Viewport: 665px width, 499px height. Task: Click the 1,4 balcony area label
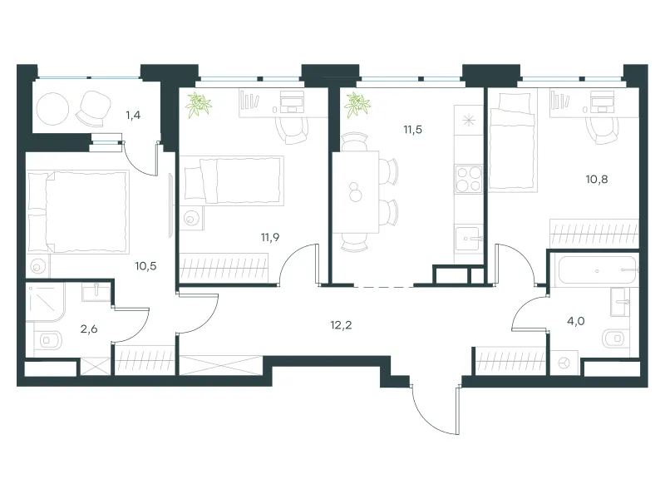[133, 116]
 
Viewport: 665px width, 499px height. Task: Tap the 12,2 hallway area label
[341, 325]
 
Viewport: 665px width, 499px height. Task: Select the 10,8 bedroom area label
[597, 180]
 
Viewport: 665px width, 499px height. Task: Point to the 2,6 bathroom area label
[89, 329]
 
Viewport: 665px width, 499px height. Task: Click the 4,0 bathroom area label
[576, 321]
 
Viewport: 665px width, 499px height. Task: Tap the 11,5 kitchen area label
[412, 130]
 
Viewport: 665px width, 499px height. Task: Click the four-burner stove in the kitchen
[469, 179]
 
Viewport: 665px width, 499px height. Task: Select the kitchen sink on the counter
[469, 239]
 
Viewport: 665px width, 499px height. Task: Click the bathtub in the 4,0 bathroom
[597, 270]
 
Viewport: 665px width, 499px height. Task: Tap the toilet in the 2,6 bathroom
[49, 340]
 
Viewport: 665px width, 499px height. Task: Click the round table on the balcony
[52, 109]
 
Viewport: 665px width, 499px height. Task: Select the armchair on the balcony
[93, 109]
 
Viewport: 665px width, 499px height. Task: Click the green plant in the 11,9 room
[199, 105]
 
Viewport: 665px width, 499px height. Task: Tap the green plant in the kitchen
[357, 105]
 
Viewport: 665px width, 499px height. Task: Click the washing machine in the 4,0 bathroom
[564, 363]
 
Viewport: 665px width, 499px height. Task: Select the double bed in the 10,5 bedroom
[77, 212]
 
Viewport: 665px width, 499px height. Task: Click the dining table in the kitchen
[356, 192]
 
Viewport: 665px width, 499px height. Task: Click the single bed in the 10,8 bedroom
[513, 142]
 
